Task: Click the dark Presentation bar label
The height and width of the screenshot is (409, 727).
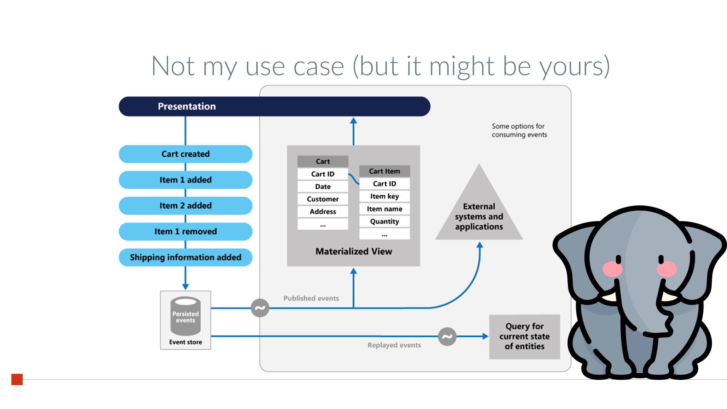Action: (x=187, y=106)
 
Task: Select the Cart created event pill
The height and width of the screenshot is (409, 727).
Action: (x=185, y=154)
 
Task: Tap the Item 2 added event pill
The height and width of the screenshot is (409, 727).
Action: (x=185, y=205)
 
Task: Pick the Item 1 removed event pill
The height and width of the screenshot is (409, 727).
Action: (x=185, y=231)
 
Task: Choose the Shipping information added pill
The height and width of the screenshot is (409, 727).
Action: (x=185, y=257)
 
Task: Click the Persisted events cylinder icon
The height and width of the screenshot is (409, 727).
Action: (x=185, y=316)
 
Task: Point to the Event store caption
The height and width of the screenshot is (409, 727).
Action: (x=185, y=342)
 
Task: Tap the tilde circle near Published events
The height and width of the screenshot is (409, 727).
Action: (x=260, y=308)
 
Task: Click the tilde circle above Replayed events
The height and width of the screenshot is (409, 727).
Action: (x=447, y=336)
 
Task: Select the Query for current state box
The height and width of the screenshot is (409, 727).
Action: (x=525, y=337)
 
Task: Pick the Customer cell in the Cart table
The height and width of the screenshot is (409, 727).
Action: (x=323, y=199)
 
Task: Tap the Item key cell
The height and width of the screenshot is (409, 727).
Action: (x=385, y=196)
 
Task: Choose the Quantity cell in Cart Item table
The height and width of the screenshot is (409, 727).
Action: (x=385, y=221)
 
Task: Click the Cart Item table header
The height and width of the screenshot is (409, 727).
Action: (x=385, y=171)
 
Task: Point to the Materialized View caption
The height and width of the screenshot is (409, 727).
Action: (x=354, y=251)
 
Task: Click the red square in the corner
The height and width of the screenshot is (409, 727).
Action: (x=17, y=379)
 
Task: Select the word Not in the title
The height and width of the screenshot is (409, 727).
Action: (x=173, y=66)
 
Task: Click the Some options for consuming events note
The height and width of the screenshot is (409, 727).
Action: (x=519, y=131)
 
